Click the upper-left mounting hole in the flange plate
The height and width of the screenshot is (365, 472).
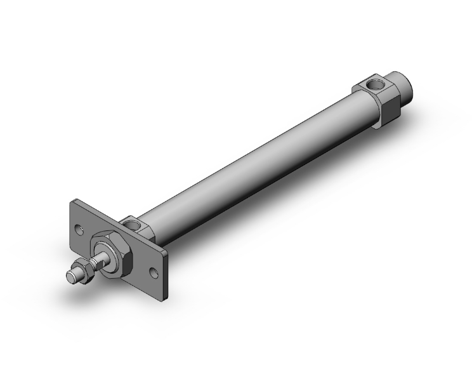coord(79,227)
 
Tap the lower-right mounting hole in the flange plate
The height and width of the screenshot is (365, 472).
coord(154,273)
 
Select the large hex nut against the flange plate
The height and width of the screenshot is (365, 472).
coord(111,255)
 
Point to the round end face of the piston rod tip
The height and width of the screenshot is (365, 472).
coord(70,277)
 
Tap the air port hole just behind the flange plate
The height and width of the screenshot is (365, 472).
coord(134,223)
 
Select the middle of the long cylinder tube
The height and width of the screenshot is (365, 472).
coord(254,159)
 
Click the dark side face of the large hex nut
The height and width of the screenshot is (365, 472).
coord(126,266)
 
